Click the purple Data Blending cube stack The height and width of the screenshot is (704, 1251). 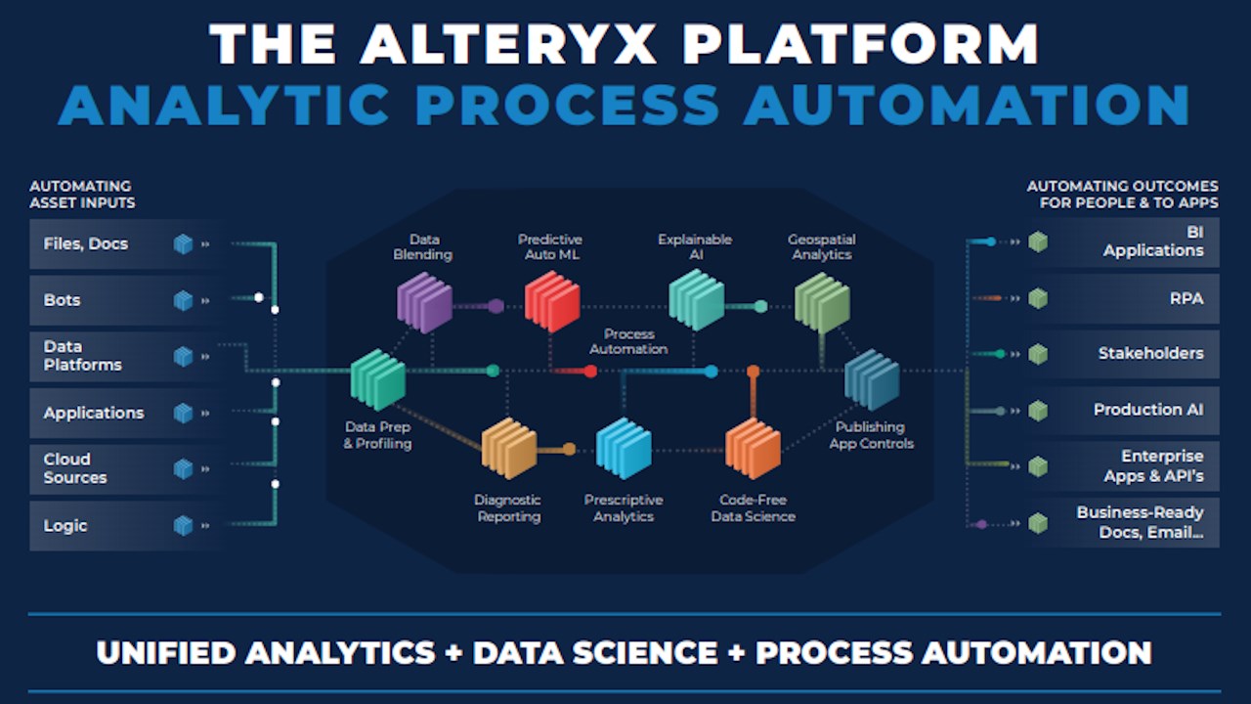[x=424, y=302]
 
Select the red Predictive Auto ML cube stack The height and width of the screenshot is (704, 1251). [x=552, y=302]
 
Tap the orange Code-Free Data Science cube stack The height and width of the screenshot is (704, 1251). [x=753, y=448]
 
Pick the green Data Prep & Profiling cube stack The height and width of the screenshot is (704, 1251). [x=378, y=380]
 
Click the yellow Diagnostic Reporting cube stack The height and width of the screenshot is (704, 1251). [x=509, y=448]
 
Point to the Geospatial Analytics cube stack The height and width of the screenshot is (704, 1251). [x=822, y=302]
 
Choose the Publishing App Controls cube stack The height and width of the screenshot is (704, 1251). [x=872, y=380]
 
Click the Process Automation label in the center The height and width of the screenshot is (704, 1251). [x=628, y=341]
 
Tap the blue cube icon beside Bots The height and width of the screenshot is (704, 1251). [x=183, y=300]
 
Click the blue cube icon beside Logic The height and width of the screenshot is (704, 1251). [x=183, y=526]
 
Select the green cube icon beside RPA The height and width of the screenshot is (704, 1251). [x=1038, y=298]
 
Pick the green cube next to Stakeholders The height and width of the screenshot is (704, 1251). [x=1038, y=354]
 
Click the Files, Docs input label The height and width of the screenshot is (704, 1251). [x=86, y=244]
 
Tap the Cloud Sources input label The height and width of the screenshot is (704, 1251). [x=75, y=468]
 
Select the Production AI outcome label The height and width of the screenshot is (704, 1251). [x=1148, y=410]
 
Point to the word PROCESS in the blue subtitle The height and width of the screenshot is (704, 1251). [x=568, y=105]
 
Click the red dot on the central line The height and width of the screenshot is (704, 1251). [x=591, y=371]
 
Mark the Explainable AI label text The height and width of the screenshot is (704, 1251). [x=695, y=247]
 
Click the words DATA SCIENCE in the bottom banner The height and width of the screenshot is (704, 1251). [x=595, y=652]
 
